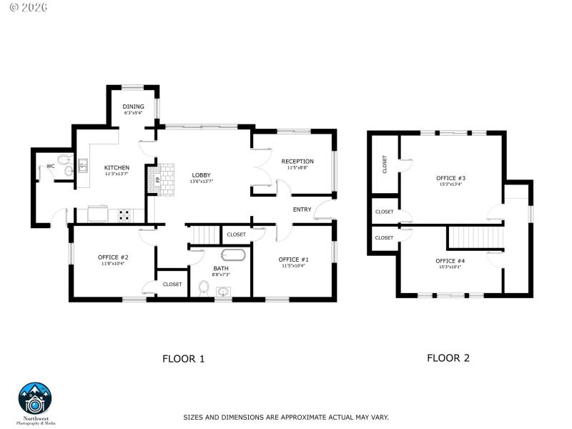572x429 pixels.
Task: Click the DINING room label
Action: tap(133, 107)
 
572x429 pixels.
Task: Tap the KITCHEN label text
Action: tap(117, 167)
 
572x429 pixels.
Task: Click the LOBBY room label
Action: tap(201, 174)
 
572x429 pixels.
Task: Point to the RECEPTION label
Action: tap(297, 161)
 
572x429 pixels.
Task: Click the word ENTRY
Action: tap(302, 209)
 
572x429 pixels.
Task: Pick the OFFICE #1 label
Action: tap(293, 259)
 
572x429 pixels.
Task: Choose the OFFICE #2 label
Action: tap(113, 257)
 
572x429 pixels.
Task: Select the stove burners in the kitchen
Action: tap(124, 213)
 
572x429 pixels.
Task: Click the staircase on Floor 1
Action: tap(204, 234)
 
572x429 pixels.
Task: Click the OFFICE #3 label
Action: tap(451, 177)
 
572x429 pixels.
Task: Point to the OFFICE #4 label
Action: tap(450, 261)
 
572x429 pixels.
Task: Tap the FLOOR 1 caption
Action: tap(184, 359)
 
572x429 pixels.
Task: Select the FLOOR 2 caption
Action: tap(448, 357)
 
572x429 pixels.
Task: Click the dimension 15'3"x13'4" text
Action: tap(451, 184)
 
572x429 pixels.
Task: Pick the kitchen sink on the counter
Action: tap(83, 167)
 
